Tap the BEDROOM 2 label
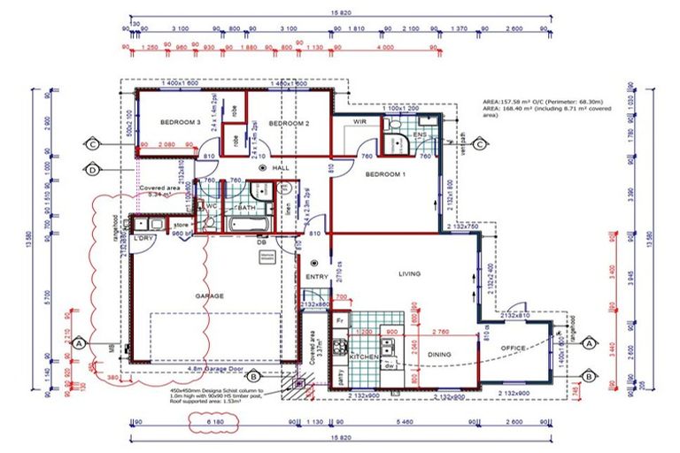point(289,124)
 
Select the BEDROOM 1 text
point(385,174)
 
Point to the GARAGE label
point(209,296)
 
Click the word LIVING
point(409,273)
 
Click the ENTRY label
point(317,277)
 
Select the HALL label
point(282,167)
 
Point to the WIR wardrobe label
point(360,120)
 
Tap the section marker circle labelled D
point(91,169)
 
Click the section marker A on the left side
point(79,342)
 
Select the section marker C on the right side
point(479,144)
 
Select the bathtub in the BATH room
point(250,225)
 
